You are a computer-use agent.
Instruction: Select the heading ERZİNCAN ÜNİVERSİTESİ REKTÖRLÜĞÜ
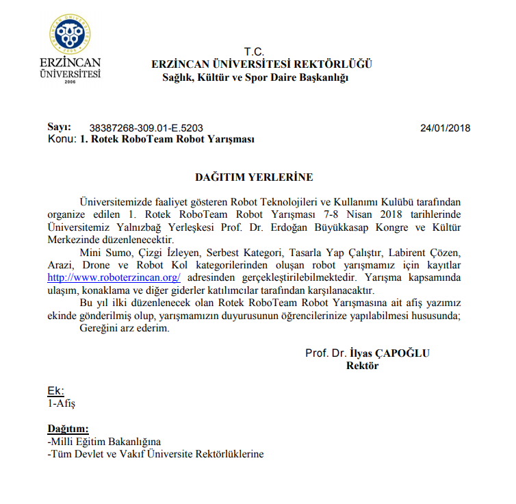pos(262,64)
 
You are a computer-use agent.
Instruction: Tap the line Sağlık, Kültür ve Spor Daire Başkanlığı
pos(255,77)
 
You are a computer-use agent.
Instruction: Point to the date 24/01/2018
pos(445,128)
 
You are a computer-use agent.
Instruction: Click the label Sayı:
pos(59,127)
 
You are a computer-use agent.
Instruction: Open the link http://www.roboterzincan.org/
pos(114,277)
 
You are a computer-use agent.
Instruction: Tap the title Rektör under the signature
pos(363,366)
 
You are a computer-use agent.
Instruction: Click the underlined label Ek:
pos(55,391)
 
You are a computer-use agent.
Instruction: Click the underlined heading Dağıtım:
pos(68,429)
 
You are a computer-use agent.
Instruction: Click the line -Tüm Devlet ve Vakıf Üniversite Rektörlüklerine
pos(155,454)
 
